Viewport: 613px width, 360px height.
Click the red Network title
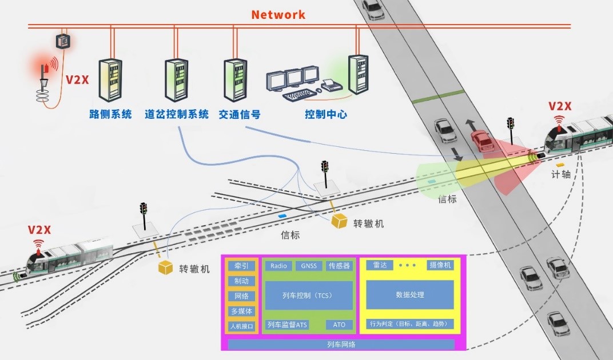(x=278, y=14)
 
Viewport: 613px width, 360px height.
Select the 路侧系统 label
(x=110, y=114)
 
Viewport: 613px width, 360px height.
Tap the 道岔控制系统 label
(x=177, y=114)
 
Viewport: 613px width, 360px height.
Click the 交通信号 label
(x=240, y=114)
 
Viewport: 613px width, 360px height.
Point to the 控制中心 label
(x=326, y=114)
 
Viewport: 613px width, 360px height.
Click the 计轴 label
(x=561, y=174)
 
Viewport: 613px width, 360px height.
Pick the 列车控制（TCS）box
(x=309, y=295)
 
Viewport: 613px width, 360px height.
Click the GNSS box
(x=309, y=266)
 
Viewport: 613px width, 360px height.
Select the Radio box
(x=278, y=266)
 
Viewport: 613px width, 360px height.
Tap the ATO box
(x=339, y=325)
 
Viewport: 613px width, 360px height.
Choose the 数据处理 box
(x=409, y=295)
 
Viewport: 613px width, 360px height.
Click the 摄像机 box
(x=440, y=265)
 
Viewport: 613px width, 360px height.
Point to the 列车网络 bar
(x=341, y=345)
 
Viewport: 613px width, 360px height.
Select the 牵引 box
(x=242, y=266)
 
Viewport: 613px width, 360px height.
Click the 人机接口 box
(x=242, y=326)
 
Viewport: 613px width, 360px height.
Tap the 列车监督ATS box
(x=287, y=325)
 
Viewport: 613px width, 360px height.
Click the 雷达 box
(x=380, y=265)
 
